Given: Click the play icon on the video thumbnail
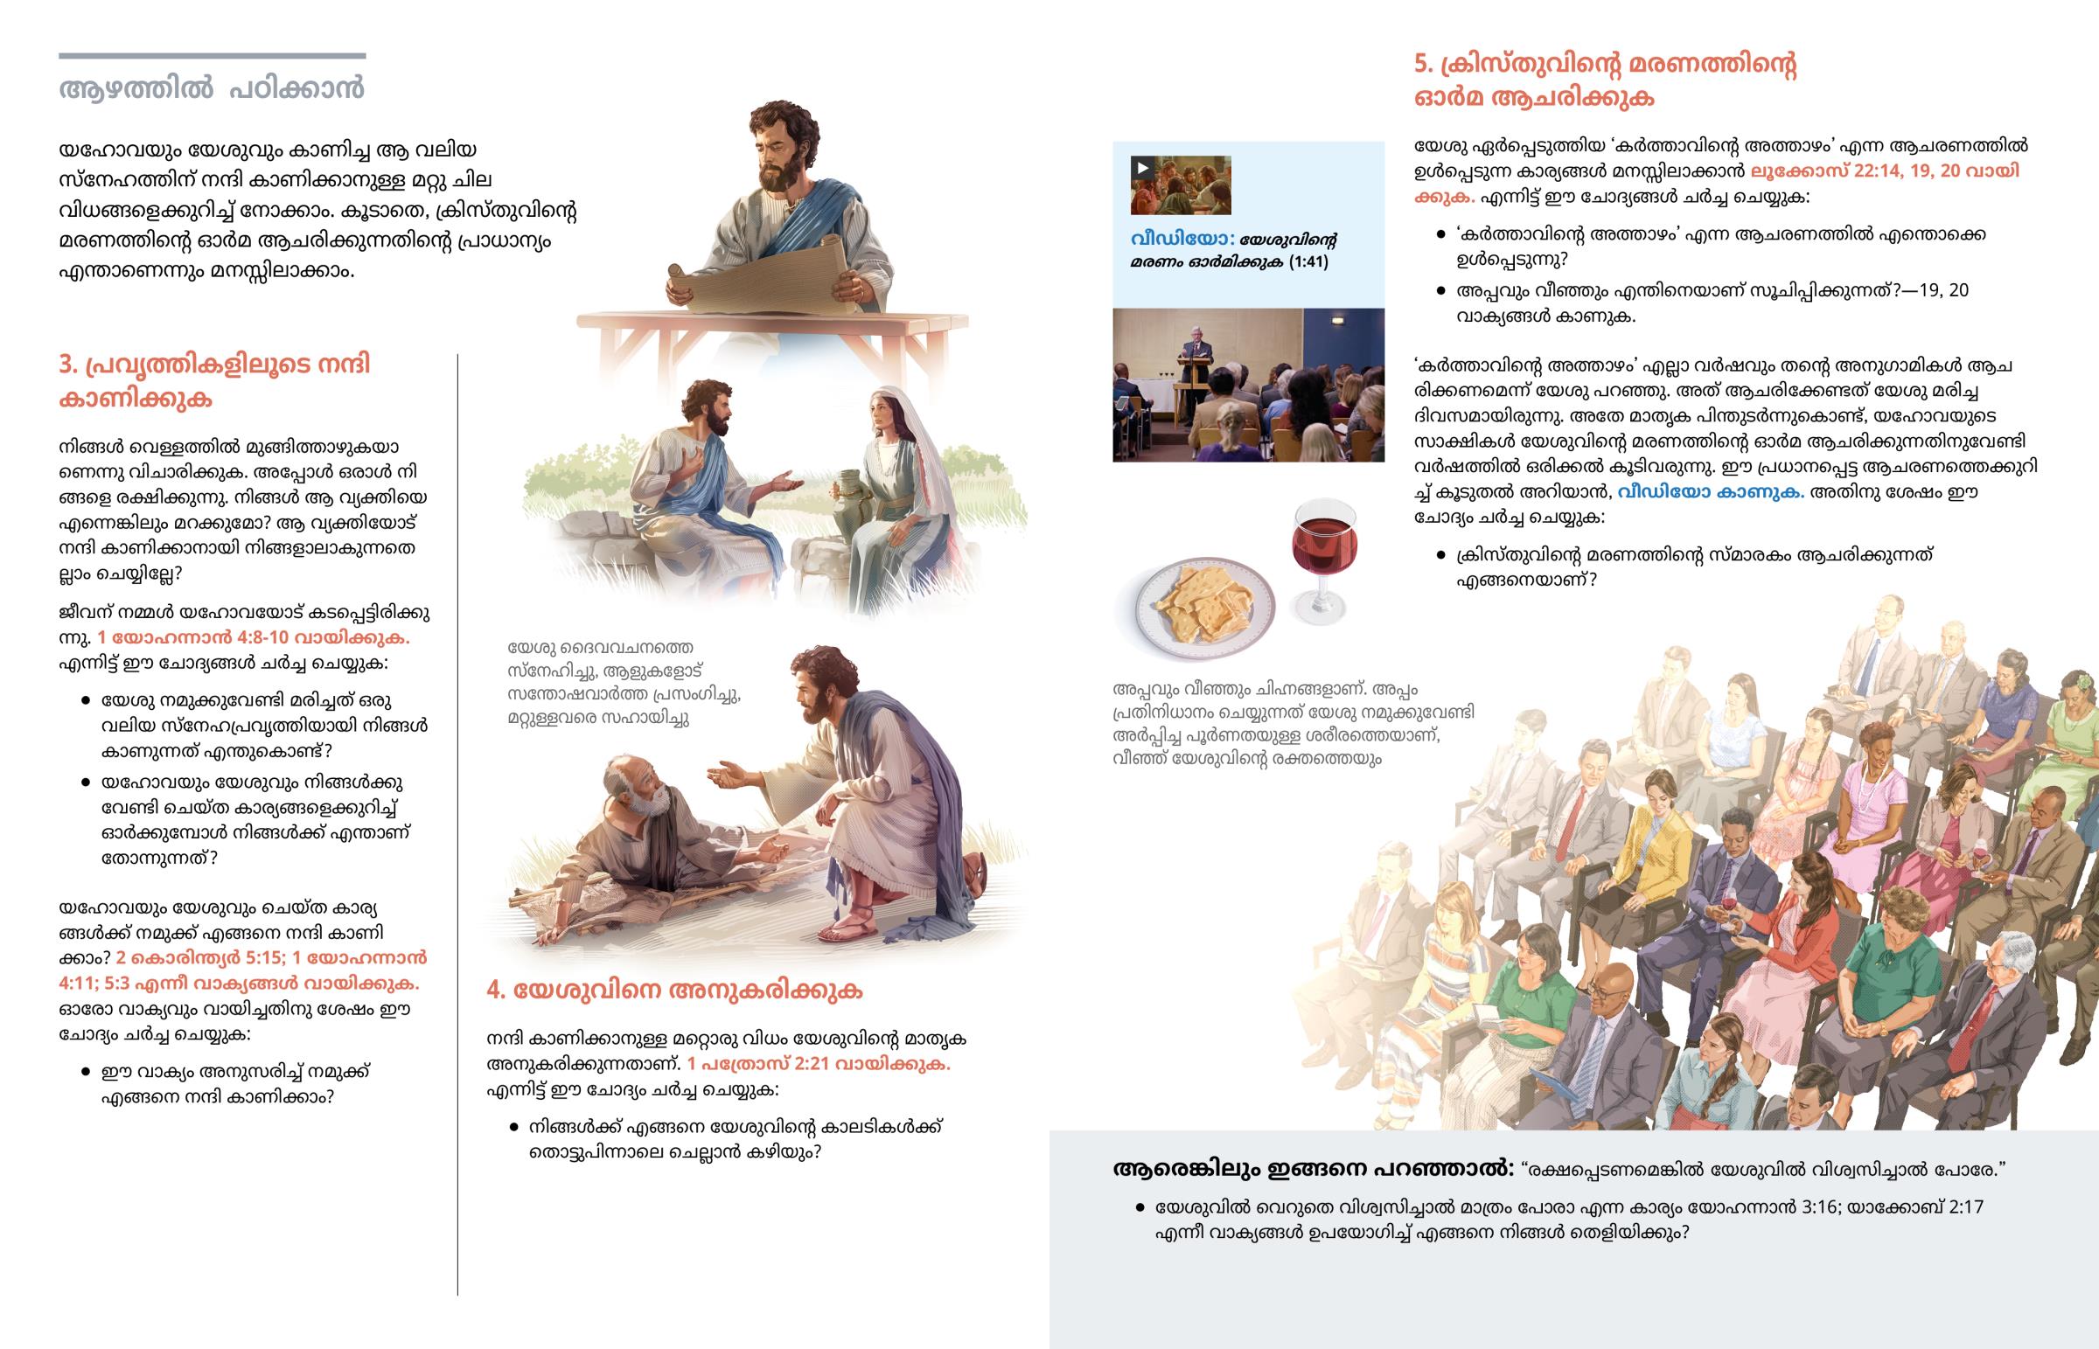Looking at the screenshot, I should [1141, 168].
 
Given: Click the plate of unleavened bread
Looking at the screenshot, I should [1205, 604].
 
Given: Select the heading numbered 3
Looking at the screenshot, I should [214, 381].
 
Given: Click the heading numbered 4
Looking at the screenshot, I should [673, 990].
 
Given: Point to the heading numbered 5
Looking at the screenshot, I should [1605, 80].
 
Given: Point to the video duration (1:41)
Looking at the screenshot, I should [1308, 262].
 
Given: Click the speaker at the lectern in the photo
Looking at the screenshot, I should [1194, 351].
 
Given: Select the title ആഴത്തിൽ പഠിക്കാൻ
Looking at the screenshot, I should [211, 88].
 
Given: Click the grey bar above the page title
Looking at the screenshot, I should [212, 56].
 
